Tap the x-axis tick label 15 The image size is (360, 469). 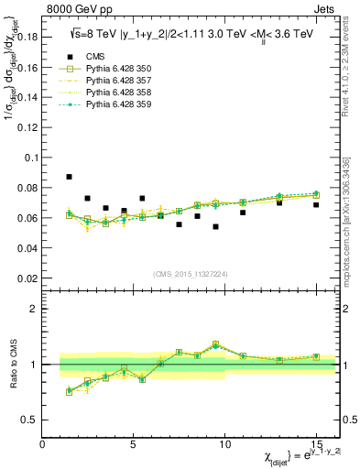point(316,444)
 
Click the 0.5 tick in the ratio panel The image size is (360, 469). point(31,420)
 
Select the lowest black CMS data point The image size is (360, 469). point(215,226)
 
